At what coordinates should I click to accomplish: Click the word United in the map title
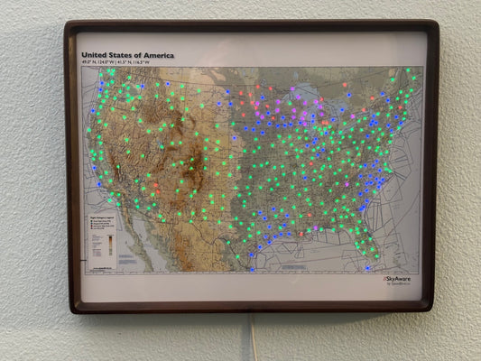(96, 55)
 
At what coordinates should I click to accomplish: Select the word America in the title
(159, 55)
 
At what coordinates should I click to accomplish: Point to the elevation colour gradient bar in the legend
(111, 245)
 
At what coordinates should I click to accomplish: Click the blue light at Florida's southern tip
(367, 267)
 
